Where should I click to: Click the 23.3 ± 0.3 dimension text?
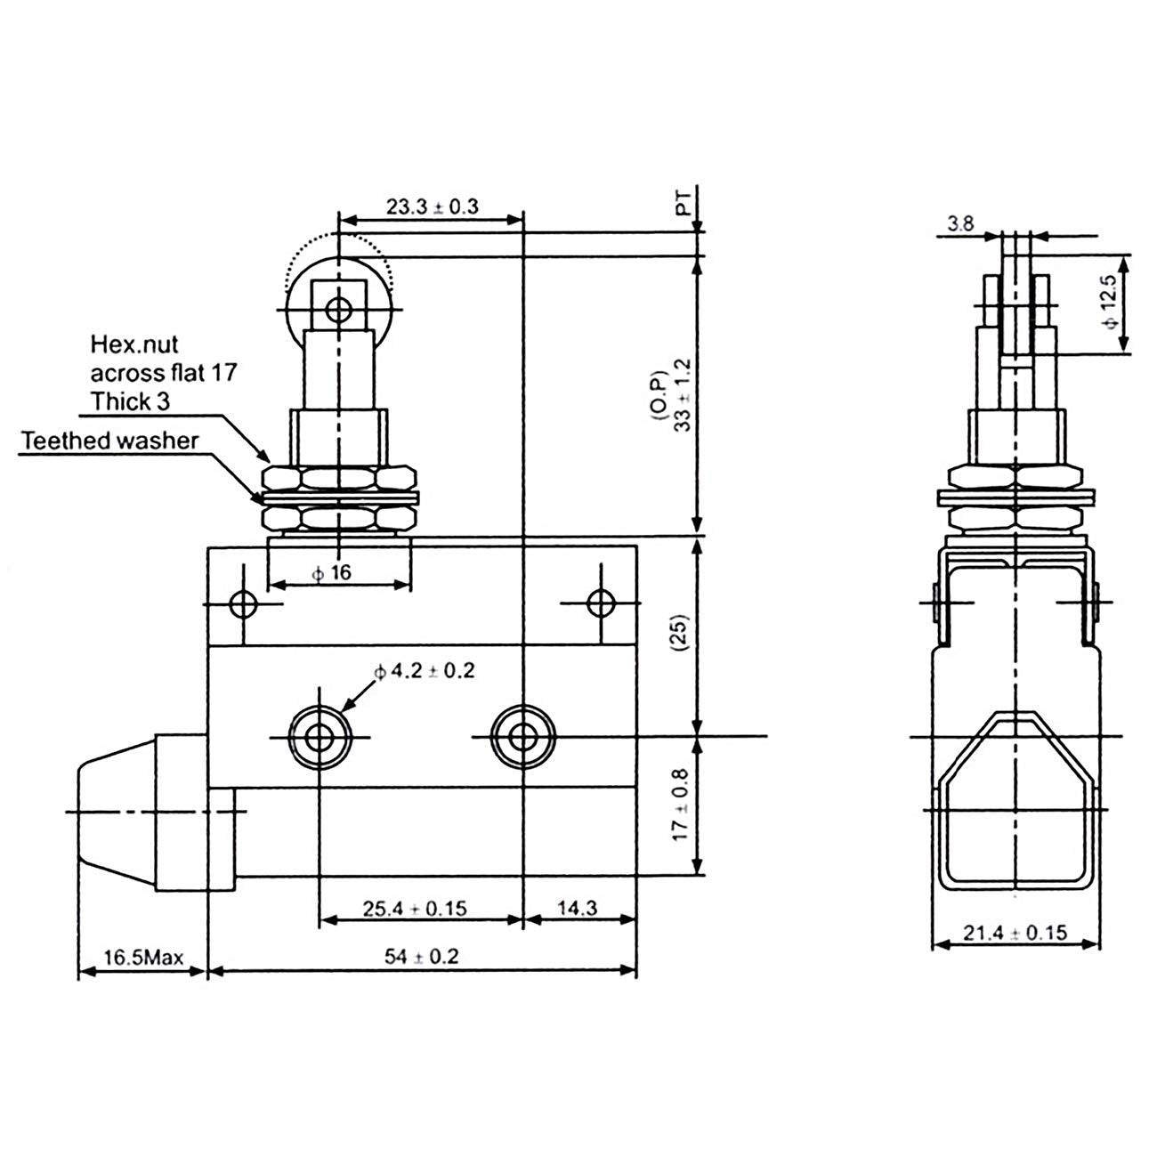coord(432,206)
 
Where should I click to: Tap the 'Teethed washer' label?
coord(110,440)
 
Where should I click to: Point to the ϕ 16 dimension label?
coord(332,572)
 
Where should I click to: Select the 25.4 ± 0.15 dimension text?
coord(415,909)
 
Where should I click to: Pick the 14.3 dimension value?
coord(578,909)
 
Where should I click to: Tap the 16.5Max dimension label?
coord(143,959)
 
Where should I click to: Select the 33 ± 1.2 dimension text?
coord(683,394)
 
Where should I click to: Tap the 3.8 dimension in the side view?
coord(959,224)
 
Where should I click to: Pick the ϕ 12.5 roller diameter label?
coord(1106,303)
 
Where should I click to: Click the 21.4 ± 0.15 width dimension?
coord(1015,934)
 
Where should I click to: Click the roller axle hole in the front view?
coord(337,310)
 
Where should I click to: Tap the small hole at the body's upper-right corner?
coord(602,603)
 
